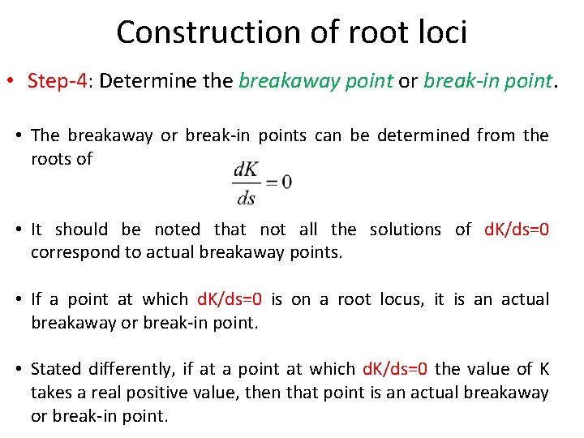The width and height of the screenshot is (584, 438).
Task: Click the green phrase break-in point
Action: coord(487,81)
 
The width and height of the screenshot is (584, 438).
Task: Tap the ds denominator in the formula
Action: coord(246,197)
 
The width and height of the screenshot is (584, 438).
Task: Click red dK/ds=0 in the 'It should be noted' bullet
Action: coord(516,230)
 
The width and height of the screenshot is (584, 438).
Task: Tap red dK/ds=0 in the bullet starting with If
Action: coord(230,299)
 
